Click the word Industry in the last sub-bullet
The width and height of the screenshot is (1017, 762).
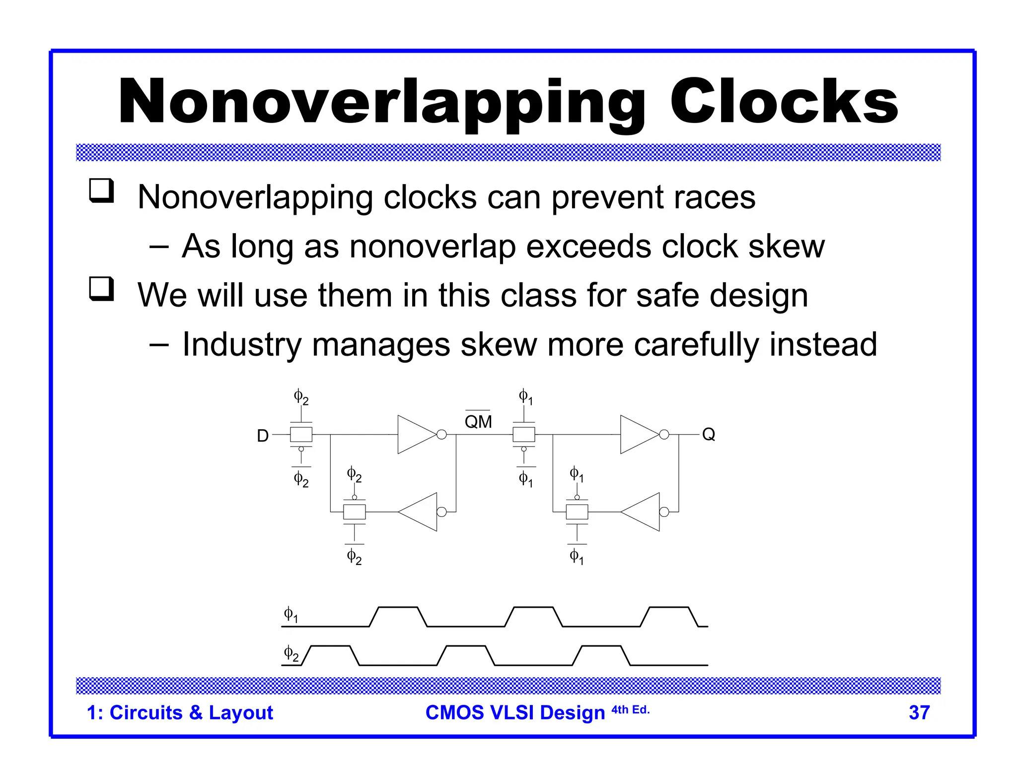tap(242, 345)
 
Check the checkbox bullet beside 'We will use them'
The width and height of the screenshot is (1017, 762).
tap(101, 289)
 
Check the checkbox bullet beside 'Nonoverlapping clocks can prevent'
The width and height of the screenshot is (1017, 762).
tap(101, 191)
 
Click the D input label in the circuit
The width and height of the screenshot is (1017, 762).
tap(263, 436)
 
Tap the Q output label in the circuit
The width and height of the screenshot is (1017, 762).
tap(708, 435)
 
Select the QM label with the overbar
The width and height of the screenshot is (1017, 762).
tap(478, 421)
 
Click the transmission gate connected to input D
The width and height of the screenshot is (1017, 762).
tap(301, 435)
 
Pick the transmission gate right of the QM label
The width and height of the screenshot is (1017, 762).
tap(524, 435)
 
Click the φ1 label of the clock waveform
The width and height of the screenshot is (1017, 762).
tap(291, 615)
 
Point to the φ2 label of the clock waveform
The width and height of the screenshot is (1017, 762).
tap(291, 653)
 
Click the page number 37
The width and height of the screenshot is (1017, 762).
tap(919, 712)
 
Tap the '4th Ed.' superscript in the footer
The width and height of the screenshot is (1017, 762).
tap(630, 709)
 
